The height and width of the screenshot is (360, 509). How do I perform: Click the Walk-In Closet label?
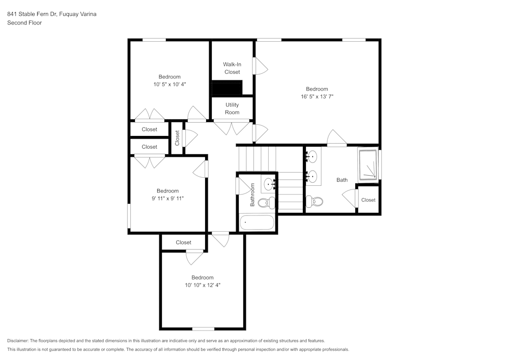(x=232, y=68)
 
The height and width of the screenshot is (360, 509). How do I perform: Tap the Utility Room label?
(x=232, y=108)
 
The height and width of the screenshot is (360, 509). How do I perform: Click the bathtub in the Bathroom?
(x=257, y=223)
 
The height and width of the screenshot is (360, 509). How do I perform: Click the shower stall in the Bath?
(x=368, y=164)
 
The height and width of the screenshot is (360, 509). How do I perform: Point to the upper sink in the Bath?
(x=313, y=156)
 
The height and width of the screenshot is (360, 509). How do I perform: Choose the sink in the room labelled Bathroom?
(x=269, y=184)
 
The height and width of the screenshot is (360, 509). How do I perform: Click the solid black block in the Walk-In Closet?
(x=227, y=88)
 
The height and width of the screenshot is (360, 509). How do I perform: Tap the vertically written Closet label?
(x=177, y=137)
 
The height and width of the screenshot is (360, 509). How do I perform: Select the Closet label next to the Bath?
(x=368, y=200)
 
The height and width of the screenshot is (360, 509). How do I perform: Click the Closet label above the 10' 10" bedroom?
(x=183, y=242)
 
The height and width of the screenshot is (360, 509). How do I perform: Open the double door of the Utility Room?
(x=232, y=127)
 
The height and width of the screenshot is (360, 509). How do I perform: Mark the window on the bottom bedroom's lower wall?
(x=203, y=328)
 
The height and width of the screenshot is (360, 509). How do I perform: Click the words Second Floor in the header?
(x=24, y=23)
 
